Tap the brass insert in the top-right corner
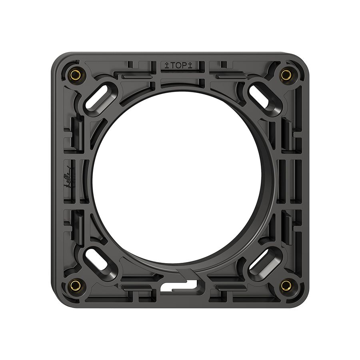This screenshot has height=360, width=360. click(286, 75)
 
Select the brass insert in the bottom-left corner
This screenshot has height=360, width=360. click(75, 285)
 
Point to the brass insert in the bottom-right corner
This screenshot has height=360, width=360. click(286, 285)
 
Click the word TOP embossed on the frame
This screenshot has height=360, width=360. click(179, 66)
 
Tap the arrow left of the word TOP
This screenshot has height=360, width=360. click(166, 66)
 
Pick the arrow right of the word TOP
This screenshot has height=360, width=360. click(190, 66)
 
